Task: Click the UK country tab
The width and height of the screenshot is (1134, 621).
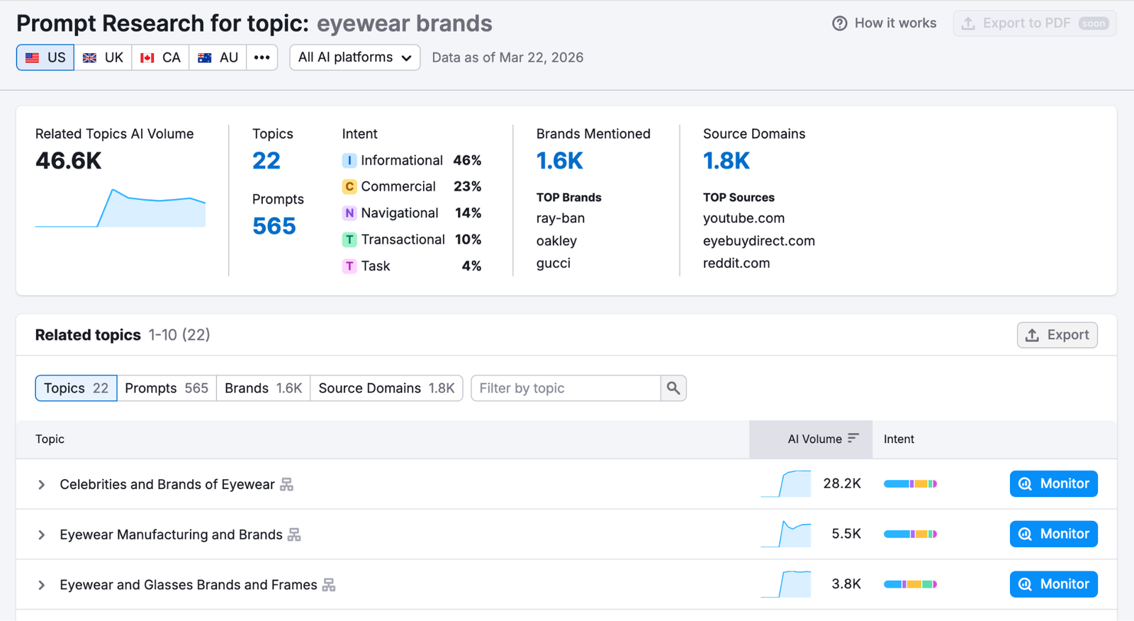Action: [103, 57]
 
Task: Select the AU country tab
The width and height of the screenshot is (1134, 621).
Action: [218, 57]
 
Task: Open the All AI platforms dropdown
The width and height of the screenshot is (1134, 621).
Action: [354, 57]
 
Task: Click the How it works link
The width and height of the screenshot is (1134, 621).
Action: [885, 23]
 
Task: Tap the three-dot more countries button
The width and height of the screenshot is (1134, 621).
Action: [262, 57]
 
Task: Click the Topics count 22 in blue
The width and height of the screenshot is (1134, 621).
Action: [266, 161]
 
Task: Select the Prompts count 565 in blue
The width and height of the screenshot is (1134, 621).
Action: [274, 226]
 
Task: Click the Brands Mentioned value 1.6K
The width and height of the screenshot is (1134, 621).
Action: [559, 161]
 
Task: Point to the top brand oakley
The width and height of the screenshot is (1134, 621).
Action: [556, 241]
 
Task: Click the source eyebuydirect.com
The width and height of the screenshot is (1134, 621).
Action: [758, 241]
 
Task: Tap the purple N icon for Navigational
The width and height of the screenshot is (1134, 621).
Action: [349, 213]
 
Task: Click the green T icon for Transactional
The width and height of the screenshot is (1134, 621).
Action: [349, 240]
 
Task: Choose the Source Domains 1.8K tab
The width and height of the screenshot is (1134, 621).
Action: [386, 388]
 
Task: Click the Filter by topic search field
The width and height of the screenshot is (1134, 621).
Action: [566, 388]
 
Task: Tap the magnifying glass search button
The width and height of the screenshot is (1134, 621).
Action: [673, 388]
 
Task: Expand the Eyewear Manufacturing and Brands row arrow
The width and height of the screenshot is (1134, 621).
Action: [42, 535]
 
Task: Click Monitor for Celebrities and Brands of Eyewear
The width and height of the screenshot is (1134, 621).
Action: [1053, 484]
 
